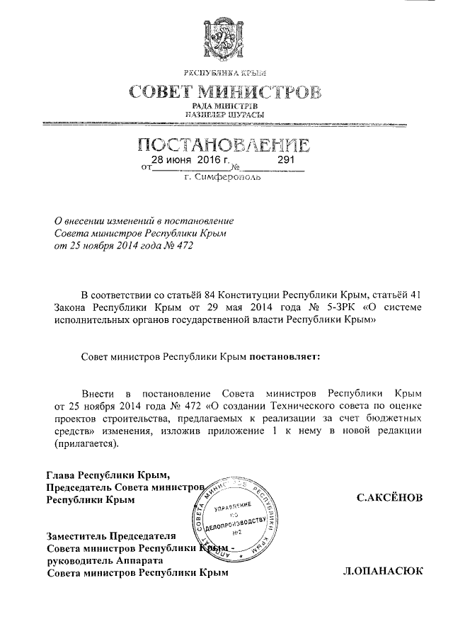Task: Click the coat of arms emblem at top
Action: click(x=226, y=38)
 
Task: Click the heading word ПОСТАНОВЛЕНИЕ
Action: click(x=226, y=147)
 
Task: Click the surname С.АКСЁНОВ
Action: click(x=390, y=498)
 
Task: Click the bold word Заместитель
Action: click(x=79, y=535)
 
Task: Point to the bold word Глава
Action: click(x=59, y=475)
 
